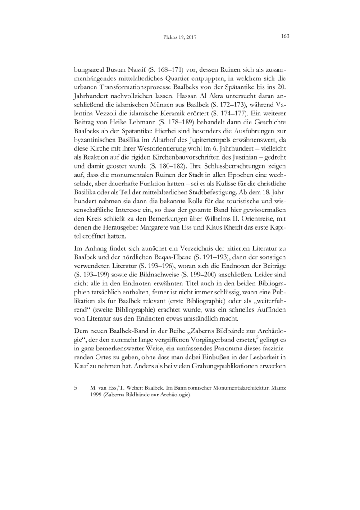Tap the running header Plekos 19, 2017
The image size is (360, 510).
(180, 37)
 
